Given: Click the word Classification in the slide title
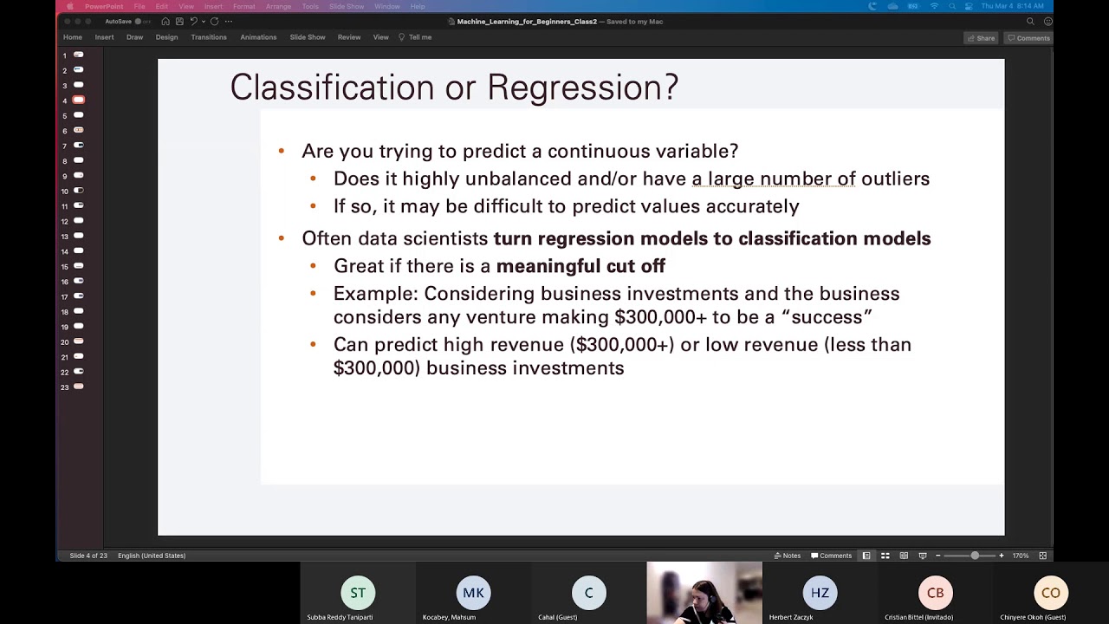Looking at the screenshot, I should coord(332,88).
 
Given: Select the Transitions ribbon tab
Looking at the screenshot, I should coord(209,37).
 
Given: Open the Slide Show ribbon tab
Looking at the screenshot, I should coord(308,37).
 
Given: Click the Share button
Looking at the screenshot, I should coord(982,38).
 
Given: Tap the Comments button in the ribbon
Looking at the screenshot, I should coord(1028,38).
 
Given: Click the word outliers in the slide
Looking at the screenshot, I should coord(895,179).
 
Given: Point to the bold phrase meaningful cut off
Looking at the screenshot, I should coord(580,266).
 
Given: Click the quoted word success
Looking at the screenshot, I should coord(827,317).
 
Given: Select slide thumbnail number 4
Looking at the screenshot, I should coord(78,101).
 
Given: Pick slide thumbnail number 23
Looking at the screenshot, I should coord(78,387).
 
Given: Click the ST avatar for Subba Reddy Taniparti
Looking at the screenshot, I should coord(358,593).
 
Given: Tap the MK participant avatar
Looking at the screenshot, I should coord(473,593).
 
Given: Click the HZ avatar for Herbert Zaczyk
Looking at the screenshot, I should coord(820,593).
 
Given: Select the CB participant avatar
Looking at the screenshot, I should coord(936,593).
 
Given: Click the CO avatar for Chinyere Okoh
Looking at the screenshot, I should coord(1051,593).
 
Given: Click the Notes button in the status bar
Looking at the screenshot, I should coord(788,556).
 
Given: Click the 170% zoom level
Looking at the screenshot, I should coord(1021,556).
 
